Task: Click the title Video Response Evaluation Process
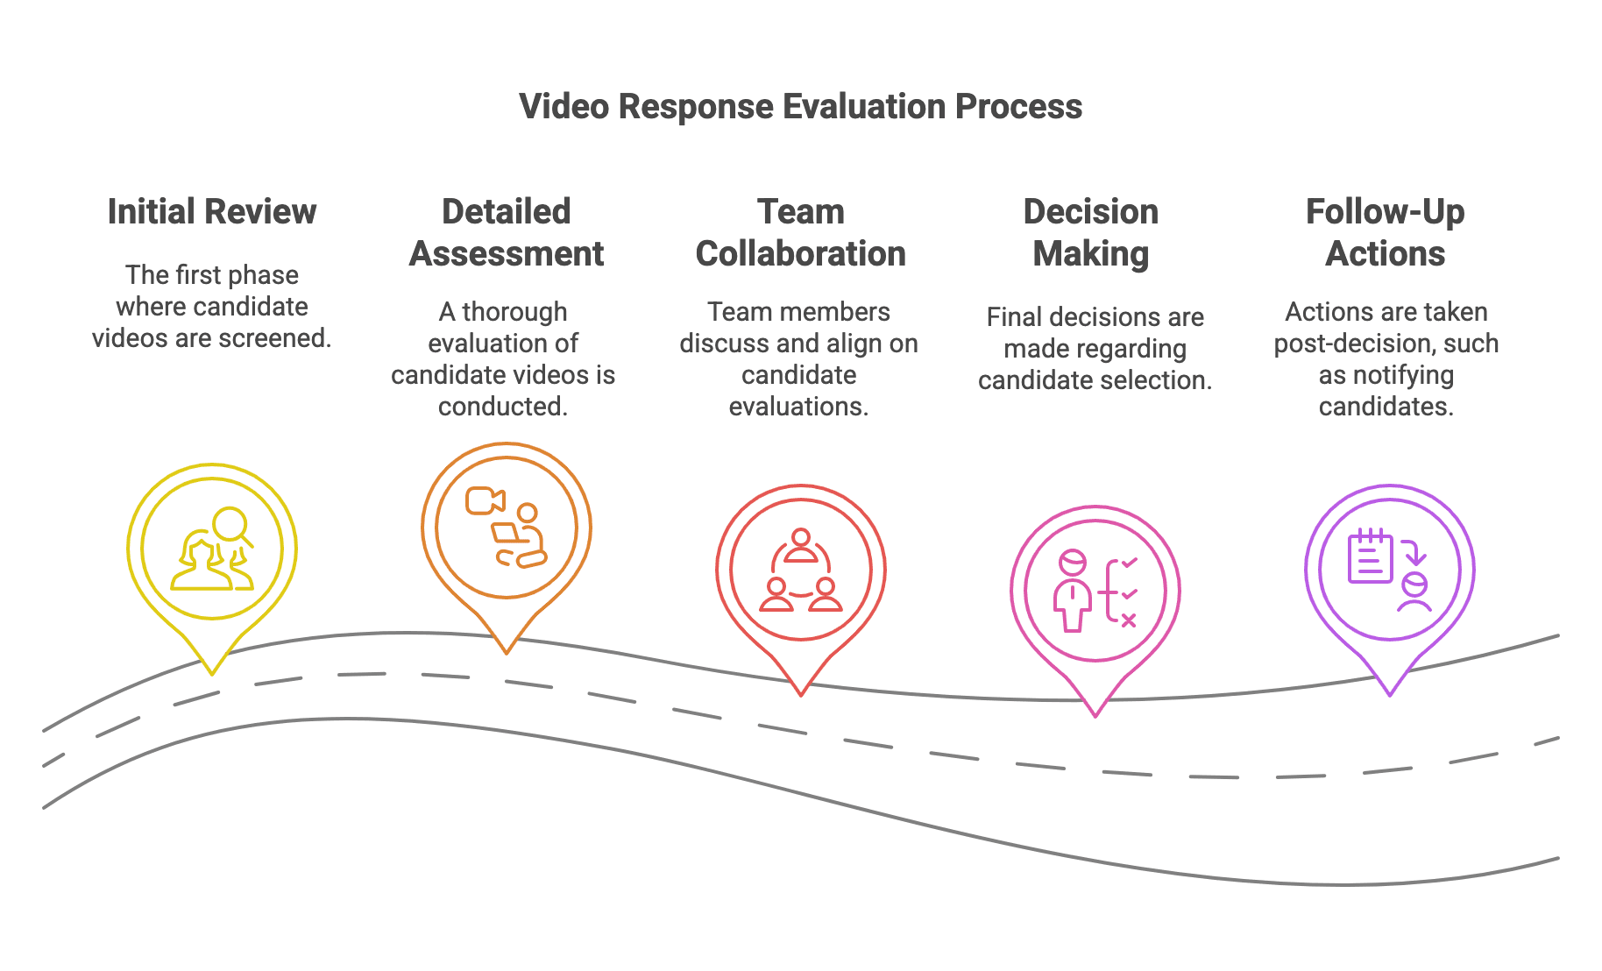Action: (800, 107)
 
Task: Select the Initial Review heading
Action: (211, 212)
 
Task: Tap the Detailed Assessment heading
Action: (506, 233)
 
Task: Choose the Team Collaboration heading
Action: (800, 233)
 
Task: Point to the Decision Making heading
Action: (1091, 233)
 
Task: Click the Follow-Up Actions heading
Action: (1386, 233)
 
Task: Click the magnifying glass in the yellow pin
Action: (231, 526)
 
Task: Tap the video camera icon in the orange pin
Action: (485, 501)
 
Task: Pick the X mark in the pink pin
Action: (1129, 620)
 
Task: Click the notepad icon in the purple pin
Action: (1369, 556)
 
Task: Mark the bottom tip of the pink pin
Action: (1095, 715)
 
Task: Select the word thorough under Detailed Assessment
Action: (514, 312)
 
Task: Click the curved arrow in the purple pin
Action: (1414, 552)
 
